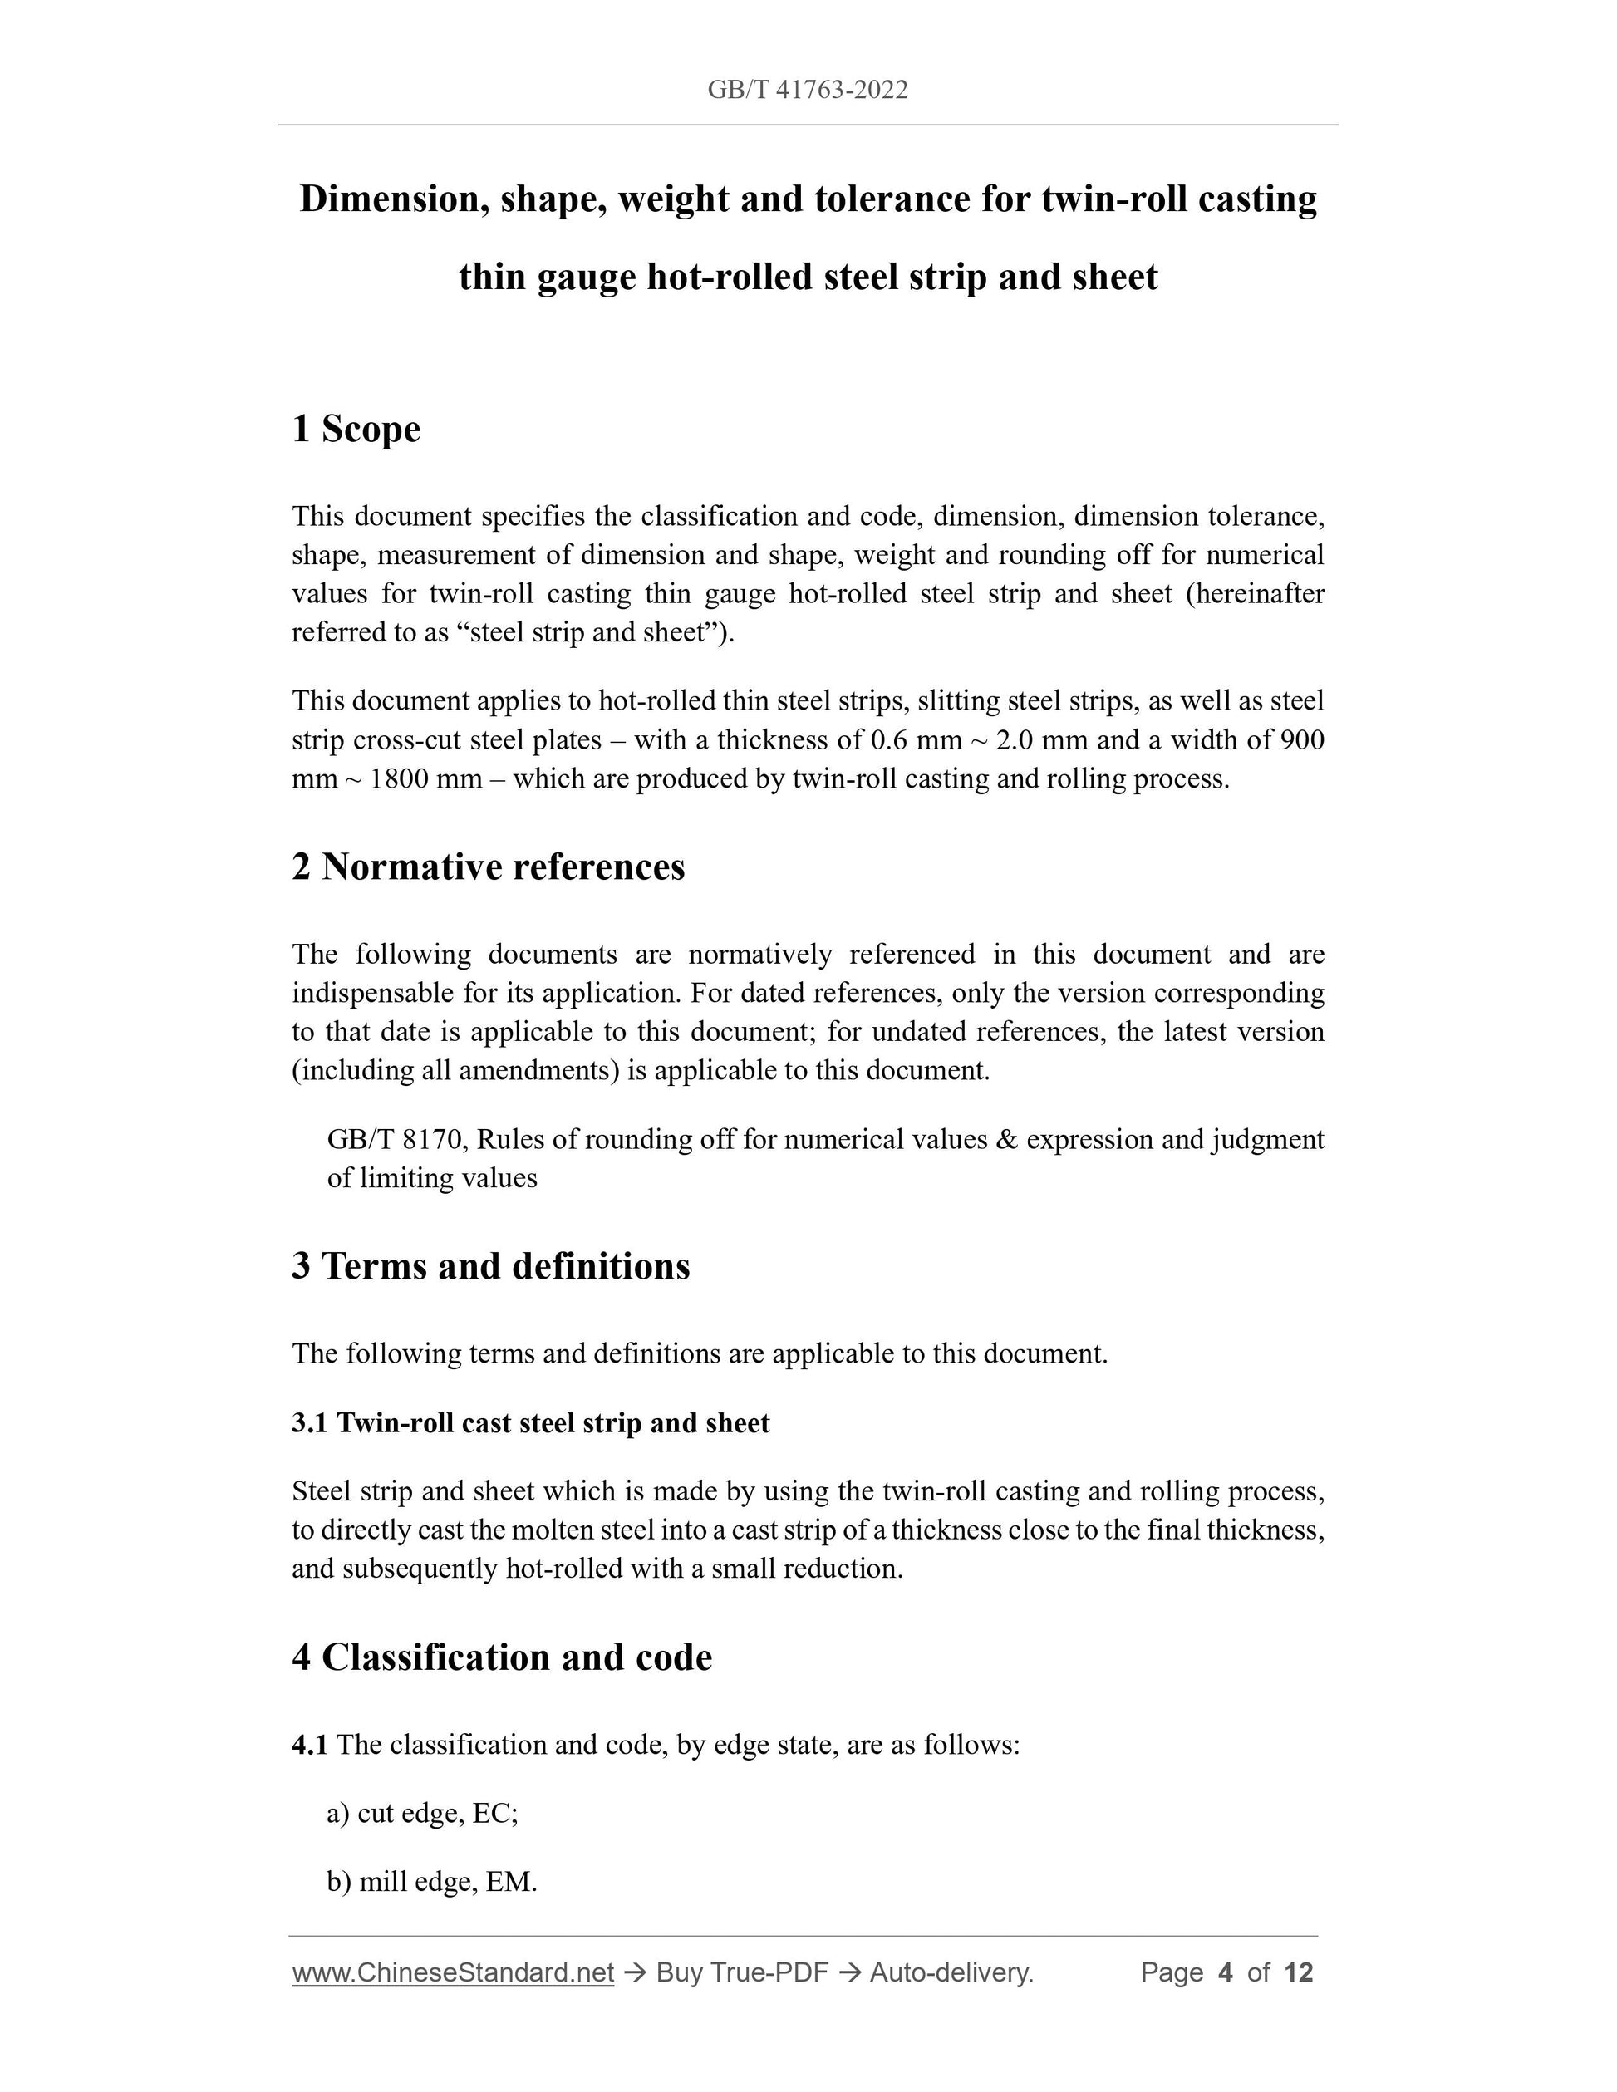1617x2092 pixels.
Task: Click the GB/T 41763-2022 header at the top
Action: click(808, 90)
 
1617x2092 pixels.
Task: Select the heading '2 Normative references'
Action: click(489, 867)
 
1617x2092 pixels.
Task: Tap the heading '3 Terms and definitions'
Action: click(490, 1266)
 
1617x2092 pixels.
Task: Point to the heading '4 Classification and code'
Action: click(502, 1657)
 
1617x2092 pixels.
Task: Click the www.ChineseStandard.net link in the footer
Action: click(452, 1972)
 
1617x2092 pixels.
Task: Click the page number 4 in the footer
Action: click(1224, 1972)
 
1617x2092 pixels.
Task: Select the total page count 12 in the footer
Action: click(1298, 1972)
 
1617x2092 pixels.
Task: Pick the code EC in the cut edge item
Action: click(494, 1813)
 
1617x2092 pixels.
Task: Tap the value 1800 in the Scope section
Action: click(399, 778)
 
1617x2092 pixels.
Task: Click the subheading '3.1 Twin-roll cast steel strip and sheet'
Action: click(531, 1423)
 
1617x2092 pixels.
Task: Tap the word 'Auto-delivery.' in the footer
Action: click(951, 1972)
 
